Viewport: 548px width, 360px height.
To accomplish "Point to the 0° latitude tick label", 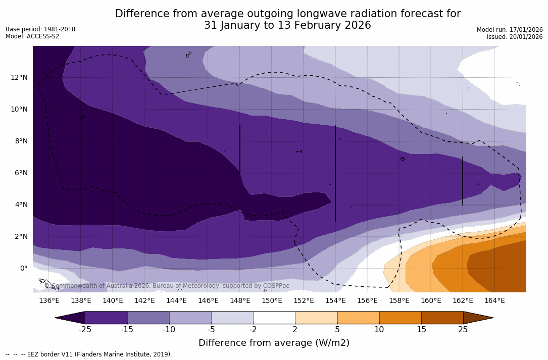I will coord(23,268).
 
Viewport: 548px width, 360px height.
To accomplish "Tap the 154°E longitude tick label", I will coord(335,301).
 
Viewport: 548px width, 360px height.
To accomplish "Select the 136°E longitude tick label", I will coord(49,301).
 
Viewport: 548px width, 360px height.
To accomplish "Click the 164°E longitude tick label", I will coord(494,301).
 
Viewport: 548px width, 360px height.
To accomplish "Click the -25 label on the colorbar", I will coord(85,330).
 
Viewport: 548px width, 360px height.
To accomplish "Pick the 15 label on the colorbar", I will coord(421,330).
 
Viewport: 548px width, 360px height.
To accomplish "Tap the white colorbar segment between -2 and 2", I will coord(274,318).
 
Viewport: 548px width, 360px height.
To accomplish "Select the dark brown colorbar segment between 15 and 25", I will coord(442,318).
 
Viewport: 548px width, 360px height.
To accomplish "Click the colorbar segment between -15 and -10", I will coord(148,318).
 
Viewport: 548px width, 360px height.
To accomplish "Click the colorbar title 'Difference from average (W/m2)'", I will coord(274,343).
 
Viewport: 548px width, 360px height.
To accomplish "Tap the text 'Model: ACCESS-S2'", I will coord(32,36).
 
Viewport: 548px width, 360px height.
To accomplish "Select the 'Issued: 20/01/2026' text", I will coord(514,37).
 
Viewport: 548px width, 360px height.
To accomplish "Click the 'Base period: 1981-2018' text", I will coord(40,29).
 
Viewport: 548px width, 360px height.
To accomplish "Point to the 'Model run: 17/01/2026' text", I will coord(509,30).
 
